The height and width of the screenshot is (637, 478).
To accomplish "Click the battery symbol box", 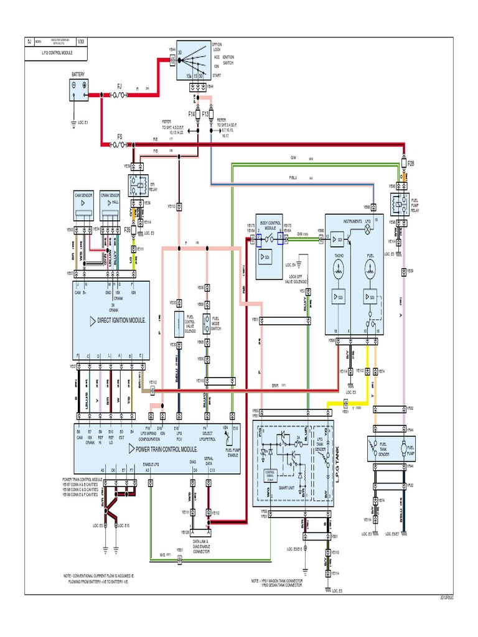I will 79,91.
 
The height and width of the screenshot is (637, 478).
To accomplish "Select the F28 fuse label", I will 410,163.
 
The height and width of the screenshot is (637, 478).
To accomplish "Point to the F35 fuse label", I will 127,230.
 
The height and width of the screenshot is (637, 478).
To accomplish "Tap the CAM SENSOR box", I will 83,206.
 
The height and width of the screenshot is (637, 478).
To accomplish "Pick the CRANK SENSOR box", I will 110,206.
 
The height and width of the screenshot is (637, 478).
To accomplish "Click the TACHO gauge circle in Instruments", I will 339,268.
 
